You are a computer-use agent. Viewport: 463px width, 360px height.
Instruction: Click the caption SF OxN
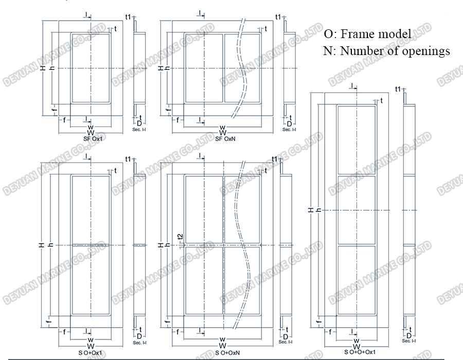pos(222,138)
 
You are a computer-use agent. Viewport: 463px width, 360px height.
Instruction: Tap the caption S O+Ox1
pos(90,353)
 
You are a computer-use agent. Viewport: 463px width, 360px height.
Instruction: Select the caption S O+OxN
pos(222,353)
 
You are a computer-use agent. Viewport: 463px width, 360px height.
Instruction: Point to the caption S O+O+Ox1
pos(355,353)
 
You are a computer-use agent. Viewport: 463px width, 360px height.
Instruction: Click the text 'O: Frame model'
pos(367,34)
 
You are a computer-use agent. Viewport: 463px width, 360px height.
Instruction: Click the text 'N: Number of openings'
pos(387,50)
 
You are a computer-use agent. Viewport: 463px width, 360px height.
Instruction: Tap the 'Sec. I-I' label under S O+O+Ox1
pos(409,341)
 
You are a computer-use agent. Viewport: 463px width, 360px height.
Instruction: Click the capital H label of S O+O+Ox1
pos(311,210)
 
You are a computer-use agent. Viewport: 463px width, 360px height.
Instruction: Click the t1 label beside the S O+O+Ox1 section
pos(398,89)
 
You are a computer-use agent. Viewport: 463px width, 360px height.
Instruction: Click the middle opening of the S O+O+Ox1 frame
pos(356,209)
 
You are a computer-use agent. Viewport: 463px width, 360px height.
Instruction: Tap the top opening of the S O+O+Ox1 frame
pos(356,140)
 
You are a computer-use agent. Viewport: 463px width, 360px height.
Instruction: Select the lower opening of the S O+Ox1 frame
pos(90,280)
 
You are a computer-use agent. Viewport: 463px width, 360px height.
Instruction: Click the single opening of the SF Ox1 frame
pos(90,68)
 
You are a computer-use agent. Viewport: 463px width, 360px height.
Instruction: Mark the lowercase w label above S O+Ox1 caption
pos(90,340)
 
